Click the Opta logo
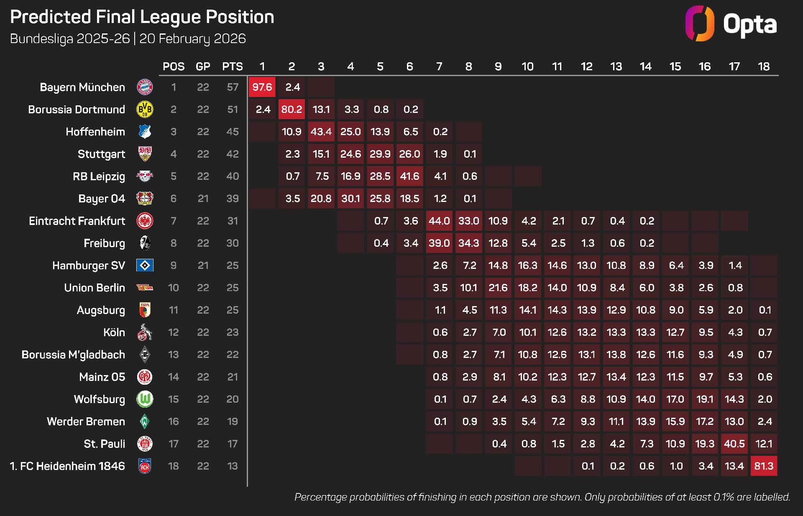pyautogui.click(x=731, y=23)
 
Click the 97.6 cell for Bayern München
pyautogui.click(x=262, y=87)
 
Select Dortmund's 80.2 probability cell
pyautogui.click(x=292, y=109)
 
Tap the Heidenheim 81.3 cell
pyautogui.click(x=764, y=466)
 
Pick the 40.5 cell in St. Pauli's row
pyautogui.click(x=734, y=444)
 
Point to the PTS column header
pyautogui.click(x=232, y=66)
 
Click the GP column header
pyautogui.click(x=203, y=66)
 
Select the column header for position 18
pyautogui.click(x=764, y=66)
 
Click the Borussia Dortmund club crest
pyautogui.click(x=145, y=110)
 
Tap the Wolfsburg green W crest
pyautogui.click(x=145, y=399)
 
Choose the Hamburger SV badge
pyautogui.click(x=145, y=266)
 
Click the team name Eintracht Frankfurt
pyautogui.click(x=77, y=221)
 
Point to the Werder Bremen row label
pyautogui.click(x=86, y=421)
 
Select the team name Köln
pyautogui.click(x=114, y=332)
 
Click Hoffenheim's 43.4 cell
pyautogui.click(x=321, y=132)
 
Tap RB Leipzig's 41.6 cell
pyautogui.click(x=409, y=176)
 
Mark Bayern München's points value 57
pyautogui.click(x=232, y=87)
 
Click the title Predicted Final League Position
pyautogui.click(x=142, y=17)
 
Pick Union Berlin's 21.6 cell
pyautogui.click(x=498, y=288)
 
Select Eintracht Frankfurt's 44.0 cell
pyautogui.click(x=439, y=221)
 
